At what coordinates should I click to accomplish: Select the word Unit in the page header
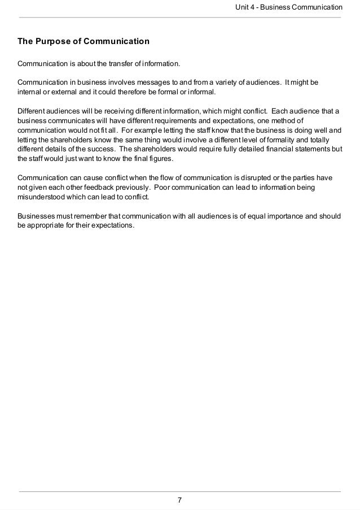point(244,7)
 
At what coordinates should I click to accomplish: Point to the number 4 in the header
point(256,7)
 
